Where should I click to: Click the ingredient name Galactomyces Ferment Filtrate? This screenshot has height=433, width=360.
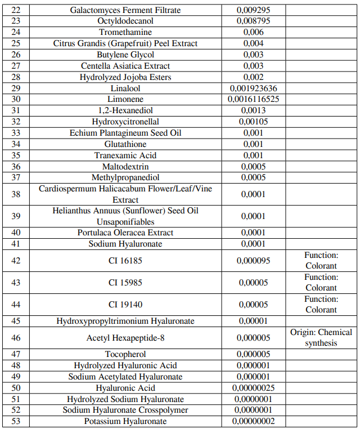[x=125, y=10]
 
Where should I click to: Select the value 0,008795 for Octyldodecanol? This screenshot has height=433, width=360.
[x=253, y=21]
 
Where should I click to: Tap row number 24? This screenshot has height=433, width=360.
[x=16, y=33]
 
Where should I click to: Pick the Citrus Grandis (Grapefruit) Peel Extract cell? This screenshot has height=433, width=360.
[x=125, y=43]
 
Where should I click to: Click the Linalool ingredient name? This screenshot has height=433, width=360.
[x=125, y=88]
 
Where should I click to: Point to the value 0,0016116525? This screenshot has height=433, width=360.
[x=253, y=99]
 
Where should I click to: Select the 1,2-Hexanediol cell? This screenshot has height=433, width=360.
[x=125, y=110]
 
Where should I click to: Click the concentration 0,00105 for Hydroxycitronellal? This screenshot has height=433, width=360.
[x=253, y=122]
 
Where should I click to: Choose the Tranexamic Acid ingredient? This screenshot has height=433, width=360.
[x=125, y=155]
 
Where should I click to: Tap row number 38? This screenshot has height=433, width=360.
[x=16, y=194]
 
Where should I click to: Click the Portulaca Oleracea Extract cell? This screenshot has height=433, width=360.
[x=125, y=233]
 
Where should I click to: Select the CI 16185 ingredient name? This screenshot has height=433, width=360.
[x=125, y=261]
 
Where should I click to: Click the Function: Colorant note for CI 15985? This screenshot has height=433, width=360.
[x=321, y=283]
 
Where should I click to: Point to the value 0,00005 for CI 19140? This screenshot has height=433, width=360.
[x=253, y=305]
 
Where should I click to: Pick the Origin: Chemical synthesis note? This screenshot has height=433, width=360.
[x=321, y=338]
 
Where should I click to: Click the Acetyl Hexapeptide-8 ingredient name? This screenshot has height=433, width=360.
[x=125, y=338]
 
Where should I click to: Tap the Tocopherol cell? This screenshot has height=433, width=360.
[x=125, y=354]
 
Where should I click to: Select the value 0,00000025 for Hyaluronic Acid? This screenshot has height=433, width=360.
[x=253, y=388]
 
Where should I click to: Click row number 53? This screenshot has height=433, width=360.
[x=16, y=421]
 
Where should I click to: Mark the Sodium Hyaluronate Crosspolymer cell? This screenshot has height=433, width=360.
[x=125, y=410]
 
